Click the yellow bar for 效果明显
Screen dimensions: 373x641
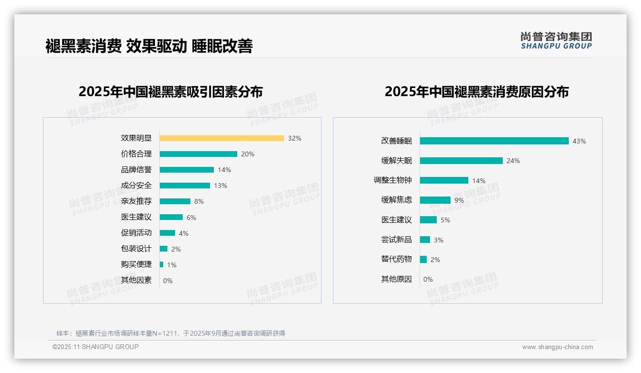[221, 138]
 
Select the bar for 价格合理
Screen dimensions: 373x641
[198, 154]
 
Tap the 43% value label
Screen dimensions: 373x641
[579, 141]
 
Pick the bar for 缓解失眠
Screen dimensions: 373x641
[461, 161]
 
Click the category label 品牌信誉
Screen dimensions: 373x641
[136, 170]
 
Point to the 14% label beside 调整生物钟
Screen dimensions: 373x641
[479, 181]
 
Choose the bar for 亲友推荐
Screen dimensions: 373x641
[175, 201]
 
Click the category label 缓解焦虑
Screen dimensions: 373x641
[397, 200]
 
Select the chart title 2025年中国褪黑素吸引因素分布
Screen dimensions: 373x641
[171, 92]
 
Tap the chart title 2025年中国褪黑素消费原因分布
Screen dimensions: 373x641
[476, 92]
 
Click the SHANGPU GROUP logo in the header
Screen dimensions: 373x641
[556, 41]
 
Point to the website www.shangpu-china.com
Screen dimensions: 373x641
[557, 347]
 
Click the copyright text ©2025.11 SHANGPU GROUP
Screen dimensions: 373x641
[96, 347]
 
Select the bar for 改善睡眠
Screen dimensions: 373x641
[494, 141]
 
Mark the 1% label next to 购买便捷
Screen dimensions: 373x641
[172, 265]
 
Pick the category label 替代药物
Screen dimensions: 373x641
[397, 259]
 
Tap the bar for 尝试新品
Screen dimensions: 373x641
[425, 240]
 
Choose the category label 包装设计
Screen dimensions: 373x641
[136, 249]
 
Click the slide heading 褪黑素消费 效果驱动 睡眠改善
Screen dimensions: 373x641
[149, 46]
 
